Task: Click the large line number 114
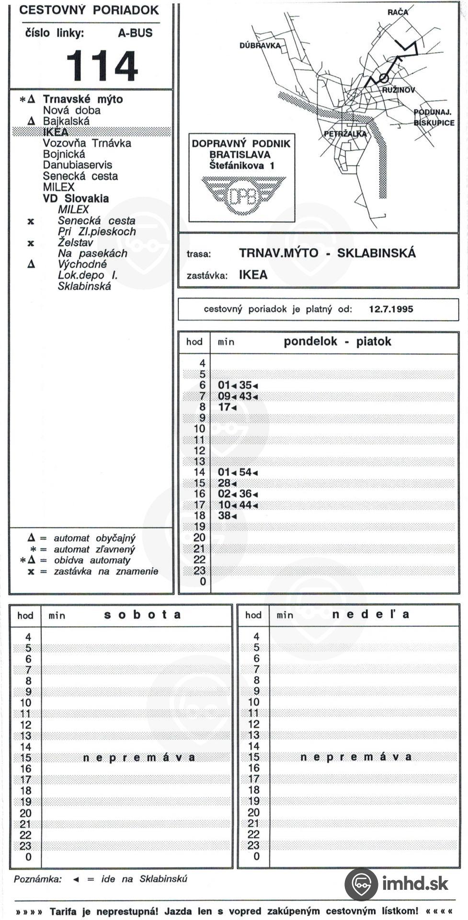102,66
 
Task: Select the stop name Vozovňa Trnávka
87,143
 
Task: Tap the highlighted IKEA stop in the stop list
56,132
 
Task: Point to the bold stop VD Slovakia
76,198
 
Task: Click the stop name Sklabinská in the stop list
84,287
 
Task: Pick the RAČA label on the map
398,12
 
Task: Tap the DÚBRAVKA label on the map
260,46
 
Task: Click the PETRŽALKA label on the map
345,134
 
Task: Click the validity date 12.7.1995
391,309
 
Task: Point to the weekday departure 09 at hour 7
224,396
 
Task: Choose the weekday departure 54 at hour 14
246,472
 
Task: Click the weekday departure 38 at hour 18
224,516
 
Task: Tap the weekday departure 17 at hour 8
224,407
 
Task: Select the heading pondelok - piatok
337,342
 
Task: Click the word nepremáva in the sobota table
139,758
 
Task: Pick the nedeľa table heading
371,614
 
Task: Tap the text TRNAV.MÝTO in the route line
278,253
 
